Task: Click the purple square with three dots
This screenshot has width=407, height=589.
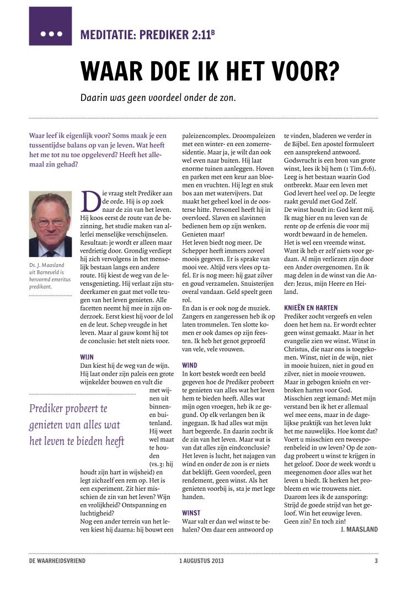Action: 50,26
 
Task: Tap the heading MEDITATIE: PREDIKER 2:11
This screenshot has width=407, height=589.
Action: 147,35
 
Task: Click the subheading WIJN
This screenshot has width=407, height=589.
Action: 87,356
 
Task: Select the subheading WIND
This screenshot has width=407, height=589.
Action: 190,365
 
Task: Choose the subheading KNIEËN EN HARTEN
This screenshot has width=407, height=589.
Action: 311,307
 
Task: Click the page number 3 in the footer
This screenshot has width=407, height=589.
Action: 376,561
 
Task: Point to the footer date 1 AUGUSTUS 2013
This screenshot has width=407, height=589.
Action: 201,561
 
